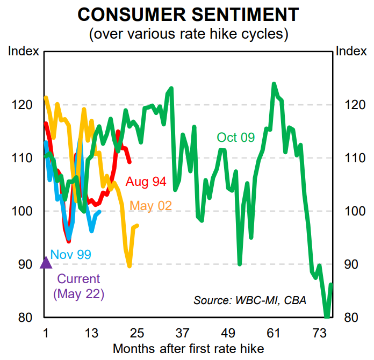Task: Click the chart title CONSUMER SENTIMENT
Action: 187,14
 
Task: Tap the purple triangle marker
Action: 46,262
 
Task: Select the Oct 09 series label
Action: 235,138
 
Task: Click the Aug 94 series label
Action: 146,182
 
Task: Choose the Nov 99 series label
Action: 70,254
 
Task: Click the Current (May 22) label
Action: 78,286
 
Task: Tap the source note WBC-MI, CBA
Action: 250,300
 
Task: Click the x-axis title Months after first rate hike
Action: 188,348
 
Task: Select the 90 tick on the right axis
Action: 347,264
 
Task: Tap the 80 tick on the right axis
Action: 347,317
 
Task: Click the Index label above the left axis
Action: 24,52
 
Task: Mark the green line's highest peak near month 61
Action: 274,84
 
